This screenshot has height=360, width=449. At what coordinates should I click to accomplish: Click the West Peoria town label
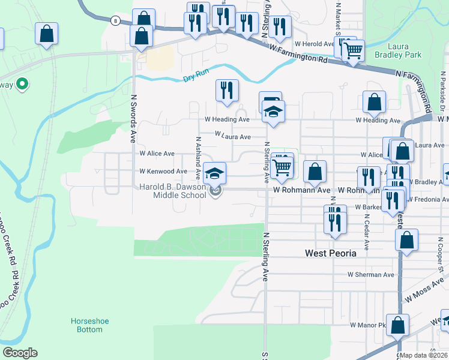click(x=330, y=253)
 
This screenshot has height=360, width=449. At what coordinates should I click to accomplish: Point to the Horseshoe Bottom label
click(x=89, y=325)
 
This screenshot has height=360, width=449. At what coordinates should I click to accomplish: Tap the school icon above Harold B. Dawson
click(x=215, y=173)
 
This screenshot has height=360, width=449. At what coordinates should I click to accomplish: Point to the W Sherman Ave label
click(x=371, y=275)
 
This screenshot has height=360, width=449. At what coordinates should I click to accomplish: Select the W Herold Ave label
click(x=313, y=44)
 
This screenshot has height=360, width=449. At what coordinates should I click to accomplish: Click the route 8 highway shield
click(x=114, y=21)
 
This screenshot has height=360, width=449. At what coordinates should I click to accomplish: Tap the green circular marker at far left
click(x=22, y=85)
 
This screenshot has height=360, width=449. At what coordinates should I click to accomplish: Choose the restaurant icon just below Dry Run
click(x=227, y=90)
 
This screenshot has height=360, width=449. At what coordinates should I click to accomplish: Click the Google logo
click(x=20, y=353)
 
